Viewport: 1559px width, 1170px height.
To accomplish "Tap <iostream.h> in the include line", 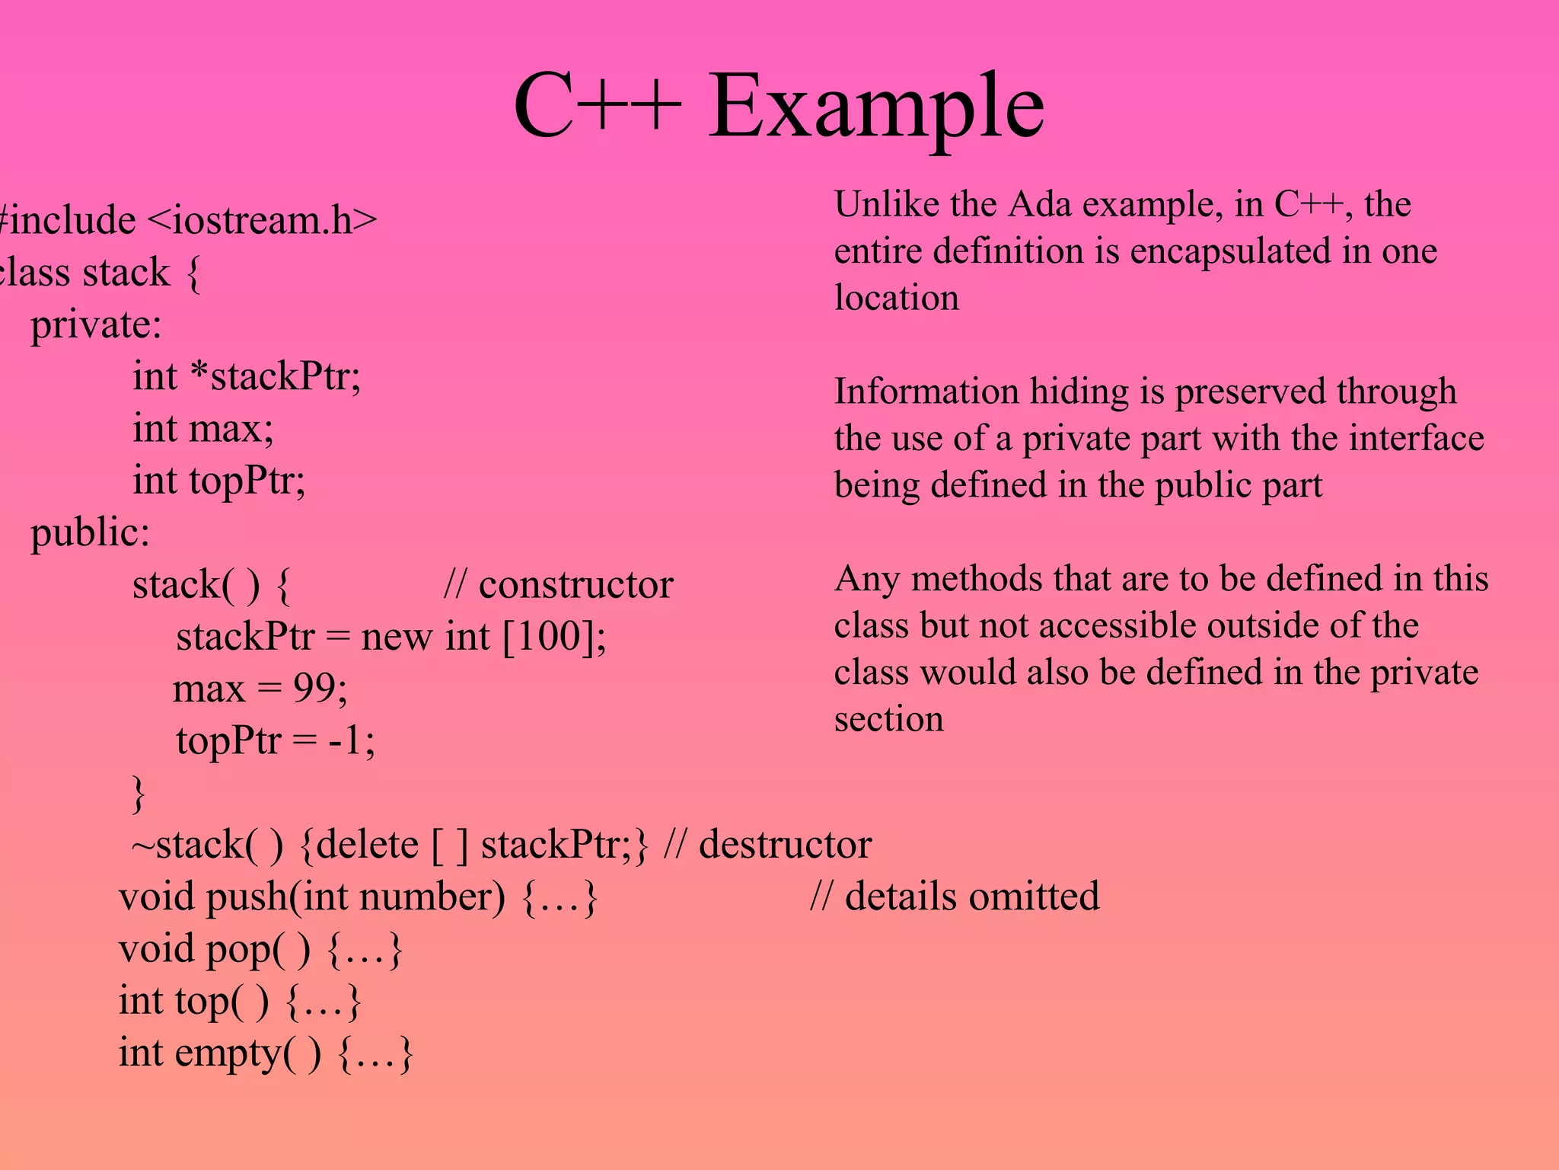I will click(x=261, y=221).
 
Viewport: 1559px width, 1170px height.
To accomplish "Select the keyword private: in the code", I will click(x=96, y=325).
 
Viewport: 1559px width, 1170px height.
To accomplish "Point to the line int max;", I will click(x=202, y=429).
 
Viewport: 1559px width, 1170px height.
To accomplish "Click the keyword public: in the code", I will click(x=90, y=532).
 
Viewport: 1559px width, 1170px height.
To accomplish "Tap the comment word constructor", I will click(x=575, y=585).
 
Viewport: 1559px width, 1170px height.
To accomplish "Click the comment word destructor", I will click(x=785, y=845).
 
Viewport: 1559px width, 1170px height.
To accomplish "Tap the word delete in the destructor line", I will click(x=367, y=845).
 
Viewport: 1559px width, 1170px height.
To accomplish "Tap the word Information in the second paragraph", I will click(x=926, y=392).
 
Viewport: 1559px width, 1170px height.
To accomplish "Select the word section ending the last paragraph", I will click(x=888, y=719).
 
